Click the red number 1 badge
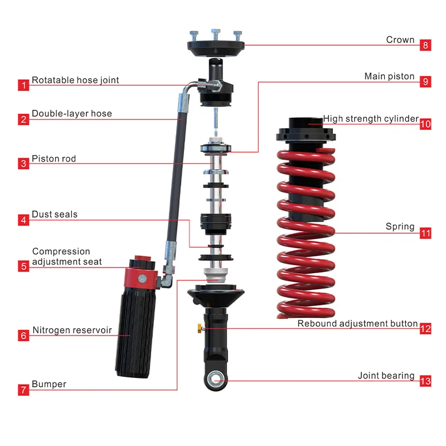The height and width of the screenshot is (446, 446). coord(23,85)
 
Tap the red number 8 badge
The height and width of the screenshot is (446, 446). coord(425,45)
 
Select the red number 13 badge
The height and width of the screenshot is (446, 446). coord(425,381)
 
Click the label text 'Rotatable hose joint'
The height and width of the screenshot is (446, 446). coord(75,80)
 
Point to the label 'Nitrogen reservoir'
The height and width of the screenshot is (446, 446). coord(72,330)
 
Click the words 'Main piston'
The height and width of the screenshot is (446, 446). coord(389,76)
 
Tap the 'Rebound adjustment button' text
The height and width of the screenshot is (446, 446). coord(357,323)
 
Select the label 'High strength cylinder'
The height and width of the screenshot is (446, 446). coord(371,118)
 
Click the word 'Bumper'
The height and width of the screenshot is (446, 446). coord(49,384)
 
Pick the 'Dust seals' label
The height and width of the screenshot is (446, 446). coord(55,214)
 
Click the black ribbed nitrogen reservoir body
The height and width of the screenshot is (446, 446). coord(134,334)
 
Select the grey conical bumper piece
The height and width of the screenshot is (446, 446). coord(216,275)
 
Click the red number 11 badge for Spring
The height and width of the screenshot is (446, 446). coord(425,233)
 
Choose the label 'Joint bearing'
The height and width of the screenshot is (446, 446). coord(386,376)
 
